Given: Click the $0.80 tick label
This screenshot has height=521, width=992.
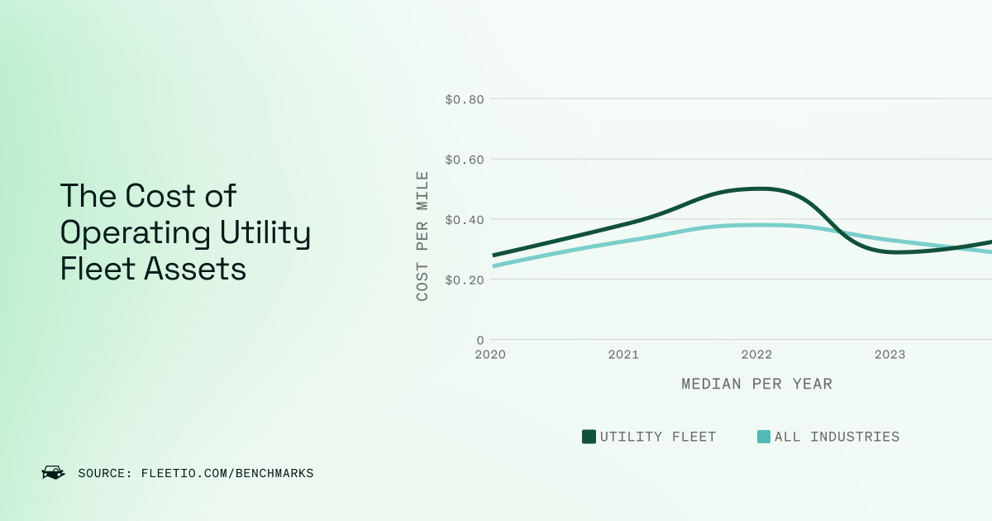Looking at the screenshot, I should [464, 99].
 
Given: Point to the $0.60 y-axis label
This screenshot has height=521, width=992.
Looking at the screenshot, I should [464, 159].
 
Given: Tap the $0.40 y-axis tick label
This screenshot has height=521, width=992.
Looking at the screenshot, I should [464, 219].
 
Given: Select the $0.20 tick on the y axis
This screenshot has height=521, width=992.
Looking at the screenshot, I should [464, 280].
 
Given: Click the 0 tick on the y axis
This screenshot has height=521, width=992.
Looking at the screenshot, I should [479, 340].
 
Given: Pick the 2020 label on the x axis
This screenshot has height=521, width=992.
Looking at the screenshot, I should [490, 355].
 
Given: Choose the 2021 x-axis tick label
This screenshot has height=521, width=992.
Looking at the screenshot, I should [623, 355].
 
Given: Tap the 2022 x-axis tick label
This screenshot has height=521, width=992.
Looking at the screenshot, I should [756, 355].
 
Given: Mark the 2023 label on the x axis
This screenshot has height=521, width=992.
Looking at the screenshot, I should [889, 355].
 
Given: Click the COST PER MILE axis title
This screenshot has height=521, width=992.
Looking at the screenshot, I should [422, 236].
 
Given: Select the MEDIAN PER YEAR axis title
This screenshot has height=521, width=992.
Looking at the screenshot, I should [756, 385].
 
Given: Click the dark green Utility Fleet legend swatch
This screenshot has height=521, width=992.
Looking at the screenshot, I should [589, 437].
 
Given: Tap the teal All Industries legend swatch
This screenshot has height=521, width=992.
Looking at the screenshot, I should [764, 437].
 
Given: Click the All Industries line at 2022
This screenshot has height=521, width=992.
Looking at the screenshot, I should [756, 225].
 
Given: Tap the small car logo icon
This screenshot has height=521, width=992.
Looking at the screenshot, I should [53, 473].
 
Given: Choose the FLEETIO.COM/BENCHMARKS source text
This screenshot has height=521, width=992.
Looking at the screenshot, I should [227, 474].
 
